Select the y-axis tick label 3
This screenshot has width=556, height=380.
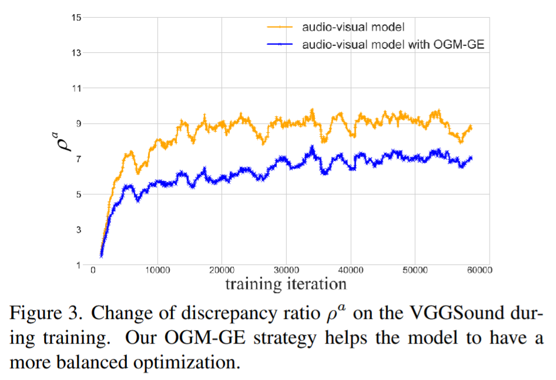78,230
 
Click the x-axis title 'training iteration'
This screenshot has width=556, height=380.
285,284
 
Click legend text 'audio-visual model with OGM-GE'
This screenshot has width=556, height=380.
393,45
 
